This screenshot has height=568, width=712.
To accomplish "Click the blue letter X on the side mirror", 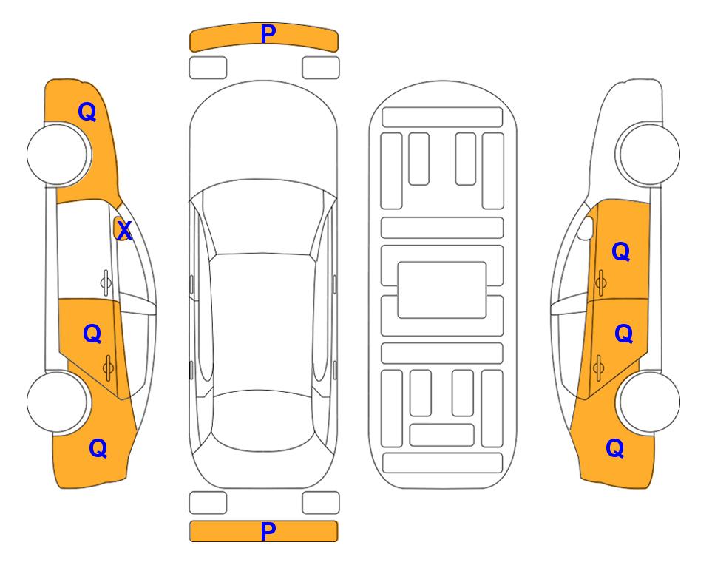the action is tap(124, 231).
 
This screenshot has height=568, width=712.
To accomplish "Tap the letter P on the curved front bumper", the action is tap(268, 33).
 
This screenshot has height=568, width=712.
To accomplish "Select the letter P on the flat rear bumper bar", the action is tap(268, 531).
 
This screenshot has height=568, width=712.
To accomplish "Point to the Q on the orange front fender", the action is tap(87, 112).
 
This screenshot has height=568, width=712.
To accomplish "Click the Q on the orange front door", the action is tap(621, 251).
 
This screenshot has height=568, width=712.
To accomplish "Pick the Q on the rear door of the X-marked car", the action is tap(92, 334).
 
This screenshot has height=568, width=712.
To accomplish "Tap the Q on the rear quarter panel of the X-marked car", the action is tap(98, 448).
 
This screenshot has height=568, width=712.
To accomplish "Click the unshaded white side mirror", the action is tap(586, 228).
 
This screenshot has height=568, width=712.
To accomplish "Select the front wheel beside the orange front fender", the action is tap(58, 155).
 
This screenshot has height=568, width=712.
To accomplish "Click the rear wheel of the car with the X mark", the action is tap(58, 402).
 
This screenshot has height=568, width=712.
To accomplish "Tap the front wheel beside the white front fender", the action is tap(649, 154).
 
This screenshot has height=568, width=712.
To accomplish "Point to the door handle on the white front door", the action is tap(106, 283).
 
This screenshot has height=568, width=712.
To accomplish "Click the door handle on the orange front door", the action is tap(600, 283).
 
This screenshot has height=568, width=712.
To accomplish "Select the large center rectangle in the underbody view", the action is tap(442, 290).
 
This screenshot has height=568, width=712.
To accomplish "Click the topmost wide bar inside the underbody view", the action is tap(442, 118).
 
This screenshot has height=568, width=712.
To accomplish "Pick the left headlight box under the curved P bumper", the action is tap(208, 68).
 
